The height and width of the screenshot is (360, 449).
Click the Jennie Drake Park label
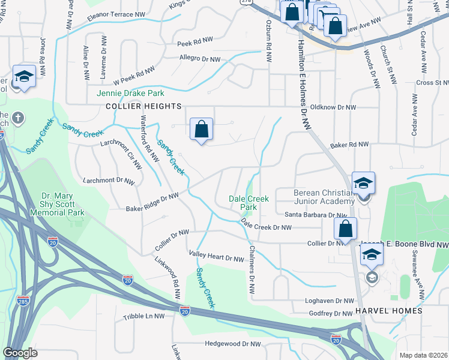[130, 93]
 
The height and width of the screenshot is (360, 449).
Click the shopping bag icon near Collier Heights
[202, 129]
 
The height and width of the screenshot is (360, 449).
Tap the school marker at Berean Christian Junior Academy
[363, 184]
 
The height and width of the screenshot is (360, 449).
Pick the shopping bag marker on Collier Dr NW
[346, 229]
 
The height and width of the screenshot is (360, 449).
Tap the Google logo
[20, 352]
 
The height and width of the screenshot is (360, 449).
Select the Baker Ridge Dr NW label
[152, 203]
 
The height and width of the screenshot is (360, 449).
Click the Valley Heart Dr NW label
[216, 256]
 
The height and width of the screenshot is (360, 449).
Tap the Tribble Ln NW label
[143, 316]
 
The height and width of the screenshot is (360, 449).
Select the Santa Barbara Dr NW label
[316, 215]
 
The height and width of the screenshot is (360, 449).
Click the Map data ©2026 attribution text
[423, 355]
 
